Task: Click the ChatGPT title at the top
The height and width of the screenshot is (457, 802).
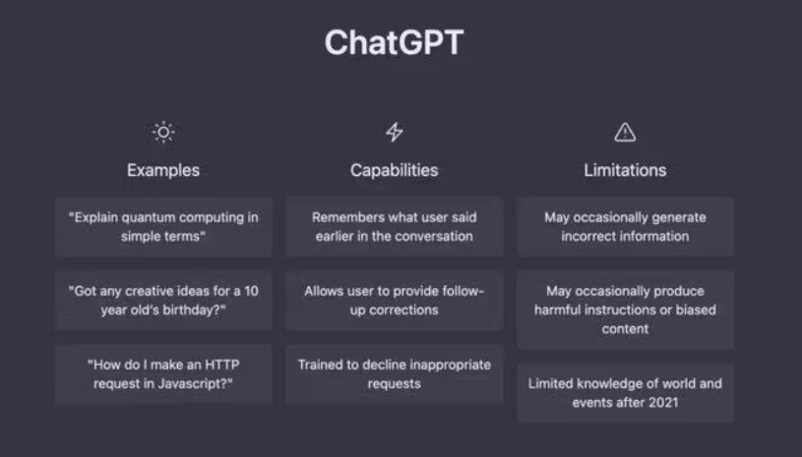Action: coord(394,43)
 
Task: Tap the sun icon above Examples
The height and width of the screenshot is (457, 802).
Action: coord(163,132)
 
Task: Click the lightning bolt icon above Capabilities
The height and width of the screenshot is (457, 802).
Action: coord(394,132)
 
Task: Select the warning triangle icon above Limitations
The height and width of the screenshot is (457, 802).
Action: coord(625,132)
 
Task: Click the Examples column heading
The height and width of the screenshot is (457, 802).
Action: coord(163,170)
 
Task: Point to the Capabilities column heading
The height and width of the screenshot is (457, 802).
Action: coord(394,170)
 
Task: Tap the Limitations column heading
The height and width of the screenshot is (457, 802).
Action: coord(625,170)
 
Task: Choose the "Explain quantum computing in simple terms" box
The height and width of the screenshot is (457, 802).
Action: coord(163,226)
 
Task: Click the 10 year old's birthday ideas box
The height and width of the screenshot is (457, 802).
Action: coord(163,300)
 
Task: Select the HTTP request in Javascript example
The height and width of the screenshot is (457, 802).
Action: coord(163,373)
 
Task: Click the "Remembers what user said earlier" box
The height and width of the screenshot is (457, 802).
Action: coord(394,226)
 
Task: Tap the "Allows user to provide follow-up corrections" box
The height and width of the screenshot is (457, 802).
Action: coord(394,300)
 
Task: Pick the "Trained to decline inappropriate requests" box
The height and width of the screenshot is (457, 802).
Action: coord(394,373)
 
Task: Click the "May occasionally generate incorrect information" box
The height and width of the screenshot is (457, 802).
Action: coord(625,226)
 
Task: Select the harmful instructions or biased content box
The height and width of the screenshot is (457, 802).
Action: coord(625,310)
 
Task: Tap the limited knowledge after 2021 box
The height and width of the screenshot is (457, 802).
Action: coord(625,392)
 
